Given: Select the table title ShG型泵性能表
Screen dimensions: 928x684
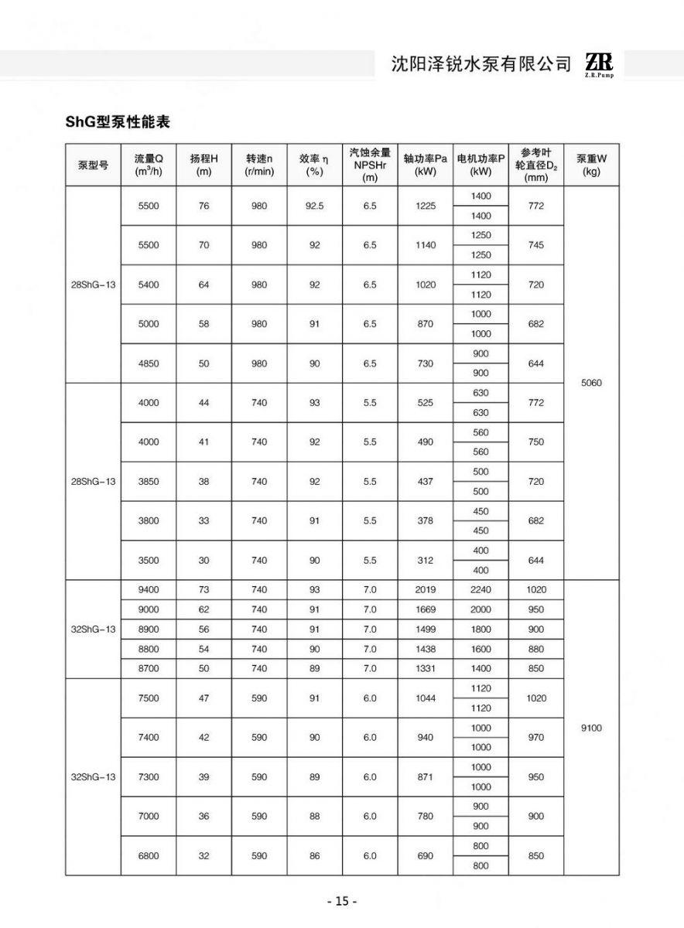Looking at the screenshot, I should tap(117, 122).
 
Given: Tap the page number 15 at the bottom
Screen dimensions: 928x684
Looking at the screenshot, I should tap(342, 901).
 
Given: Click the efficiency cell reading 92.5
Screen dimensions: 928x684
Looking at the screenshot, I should tap(314, 206).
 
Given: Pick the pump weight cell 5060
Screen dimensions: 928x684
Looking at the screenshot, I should tap(591, 382).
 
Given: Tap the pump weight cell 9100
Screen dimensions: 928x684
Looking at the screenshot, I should tap(591, 728).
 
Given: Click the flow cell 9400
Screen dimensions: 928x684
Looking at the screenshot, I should tap(149, 589).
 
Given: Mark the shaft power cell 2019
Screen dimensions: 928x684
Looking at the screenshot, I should tap(426, 589).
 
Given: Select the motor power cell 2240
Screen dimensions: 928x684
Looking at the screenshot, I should tap(481, 589).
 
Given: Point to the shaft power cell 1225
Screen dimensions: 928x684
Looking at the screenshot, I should tap(426, 206).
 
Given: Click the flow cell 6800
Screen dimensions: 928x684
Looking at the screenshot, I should tap(149, 856).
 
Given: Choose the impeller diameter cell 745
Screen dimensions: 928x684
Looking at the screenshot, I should tap(535, 245).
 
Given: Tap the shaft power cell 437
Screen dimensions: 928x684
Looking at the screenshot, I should tap(426, 481).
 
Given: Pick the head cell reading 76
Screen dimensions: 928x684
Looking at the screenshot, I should tap(204, 206).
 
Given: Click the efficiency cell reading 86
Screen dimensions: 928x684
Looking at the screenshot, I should tap(314, 856).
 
